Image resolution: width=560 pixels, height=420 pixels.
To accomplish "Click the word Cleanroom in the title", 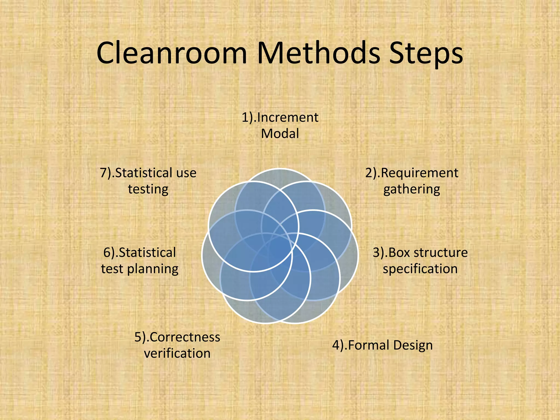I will tap(172, 53).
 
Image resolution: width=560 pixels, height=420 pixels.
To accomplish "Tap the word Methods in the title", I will tap(319, 53).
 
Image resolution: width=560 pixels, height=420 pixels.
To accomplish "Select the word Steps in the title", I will tap(426, 53).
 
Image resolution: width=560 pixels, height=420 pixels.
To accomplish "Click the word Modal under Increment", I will tap(280, 134).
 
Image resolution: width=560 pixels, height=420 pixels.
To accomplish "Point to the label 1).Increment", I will tap(280, 118).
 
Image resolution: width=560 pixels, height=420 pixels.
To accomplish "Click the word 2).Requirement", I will tap(412, 173).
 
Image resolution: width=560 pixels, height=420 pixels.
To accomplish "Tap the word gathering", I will tap(412, 189).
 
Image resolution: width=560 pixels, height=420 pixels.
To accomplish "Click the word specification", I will tap(420, 269).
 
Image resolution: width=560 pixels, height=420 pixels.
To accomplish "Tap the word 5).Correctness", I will tap(177, 337).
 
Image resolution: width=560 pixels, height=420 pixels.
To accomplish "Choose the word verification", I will tap(177, 353).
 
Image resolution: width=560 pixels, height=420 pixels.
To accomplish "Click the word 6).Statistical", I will tap(139, 252).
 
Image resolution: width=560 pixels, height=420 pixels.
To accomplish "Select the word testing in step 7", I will tap(148, 189).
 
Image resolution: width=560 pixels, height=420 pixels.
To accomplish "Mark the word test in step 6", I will tap(112, 269).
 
